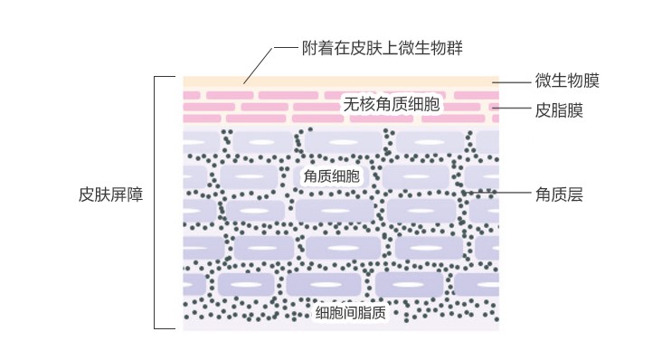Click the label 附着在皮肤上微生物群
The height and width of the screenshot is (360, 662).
(382, 48)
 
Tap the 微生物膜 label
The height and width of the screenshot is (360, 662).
(567, 81)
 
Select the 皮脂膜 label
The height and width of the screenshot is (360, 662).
(559, 110)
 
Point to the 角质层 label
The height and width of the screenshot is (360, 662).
(559, 194)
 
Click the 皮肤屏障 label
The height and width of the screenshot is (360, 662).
(111, 194)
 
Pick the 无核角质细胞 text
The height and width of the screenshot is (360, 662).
(392, 104)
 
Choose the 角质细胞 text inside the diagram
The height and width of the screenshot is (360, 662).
(331, 176)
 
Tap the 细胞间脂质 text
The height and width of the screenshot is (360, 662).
(350, 313)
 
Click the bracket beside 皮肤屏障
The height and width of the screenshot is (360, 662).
(155, 203)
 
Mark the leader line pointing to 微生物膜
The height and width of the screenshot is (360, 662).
(511, 82)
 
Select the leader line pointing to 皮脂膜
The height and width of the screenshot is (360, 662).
(511, 108)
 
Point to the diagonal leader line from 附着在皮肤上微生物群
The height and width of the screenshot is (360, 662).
(259, 66)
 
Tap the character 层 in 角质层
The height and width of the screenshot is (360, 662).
(575, 194)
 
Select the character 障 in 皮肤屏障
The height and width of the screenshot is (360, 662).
(135, 194)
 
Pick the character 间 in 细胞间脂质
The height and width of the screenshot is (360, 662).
(350, 313)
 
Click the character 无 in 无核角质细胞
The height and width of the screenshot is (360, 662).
(351, 104)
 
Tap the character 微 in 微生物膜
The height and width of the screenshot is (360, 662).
(543, 81)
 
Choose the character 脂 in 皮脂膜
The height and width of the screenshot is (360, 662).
(559, 110)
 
